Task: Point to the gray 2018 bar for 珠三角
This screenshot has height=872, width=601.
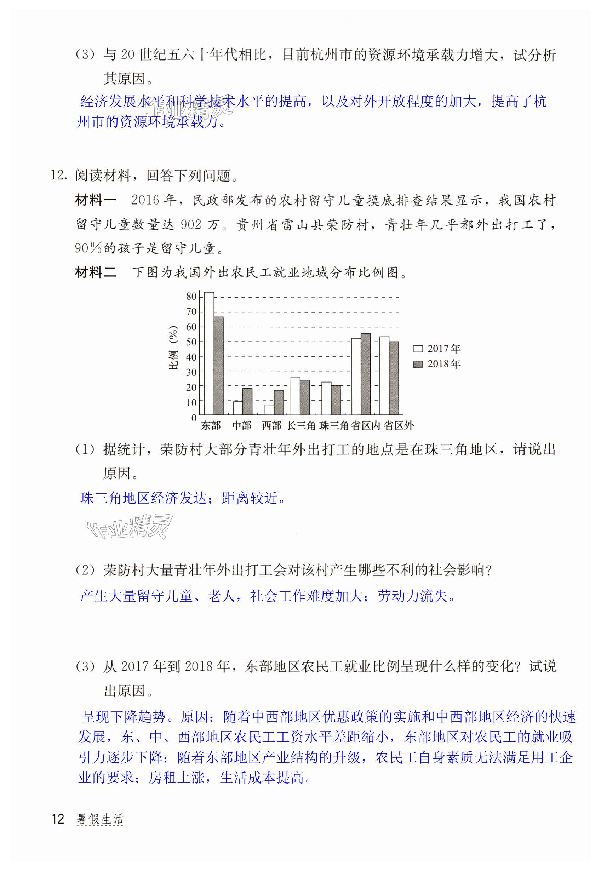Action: [x=336, y=400]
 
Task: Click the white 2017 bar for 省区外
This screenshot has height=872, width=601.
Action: [x=384, y=375]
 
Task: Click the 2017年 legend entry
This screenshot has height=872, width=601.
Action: [x=436, y=349]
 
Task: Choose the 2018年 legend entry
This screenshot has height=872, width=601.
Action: [x=436, y=364]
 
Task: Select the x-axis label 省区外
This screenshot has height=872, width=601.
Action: [x=399, y=426]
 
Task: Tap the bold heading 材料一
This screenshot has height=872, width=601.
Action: [x=96, y=200]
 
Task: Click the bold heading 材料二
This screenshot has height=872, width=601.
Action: [x=96, y=272]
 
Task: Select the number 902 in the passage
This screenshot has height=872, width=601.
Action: [x=191, y=225]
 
